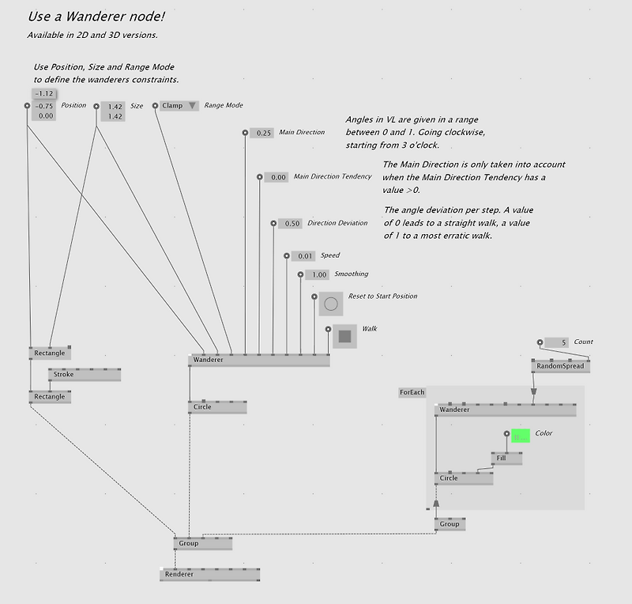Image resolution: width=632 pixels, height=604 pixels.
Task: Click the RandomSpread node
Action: pos(561,366)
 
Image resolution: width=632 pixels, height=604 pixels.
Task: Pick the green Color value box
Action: pos(520,436)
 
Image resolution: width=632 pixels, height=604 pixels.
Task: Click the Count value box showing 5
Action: pos(556,342)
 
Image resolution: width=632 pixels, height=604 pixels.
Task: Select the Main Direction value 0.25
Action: pos(262,133)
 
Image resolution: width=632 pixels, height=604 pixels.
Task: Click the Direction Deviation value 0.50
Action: pos(291,224)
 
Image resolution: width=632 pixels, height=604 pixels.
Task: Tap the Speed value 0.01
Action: pos(304,256)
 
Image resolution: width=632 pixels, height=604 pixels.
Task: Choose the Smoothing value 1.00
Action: pos(318,275)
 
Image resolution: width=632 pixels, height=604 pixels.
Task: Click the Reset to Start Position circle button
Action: pos(330,304)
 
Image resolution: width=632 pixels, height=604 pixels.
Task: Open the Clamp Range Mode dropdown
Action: pos(179,105)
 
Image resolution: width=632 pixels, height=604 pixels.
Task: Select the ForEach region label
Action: pos(412,392)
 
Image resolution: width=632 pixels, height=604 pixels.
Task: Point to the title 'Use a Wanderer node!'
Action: pos(96,16)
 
